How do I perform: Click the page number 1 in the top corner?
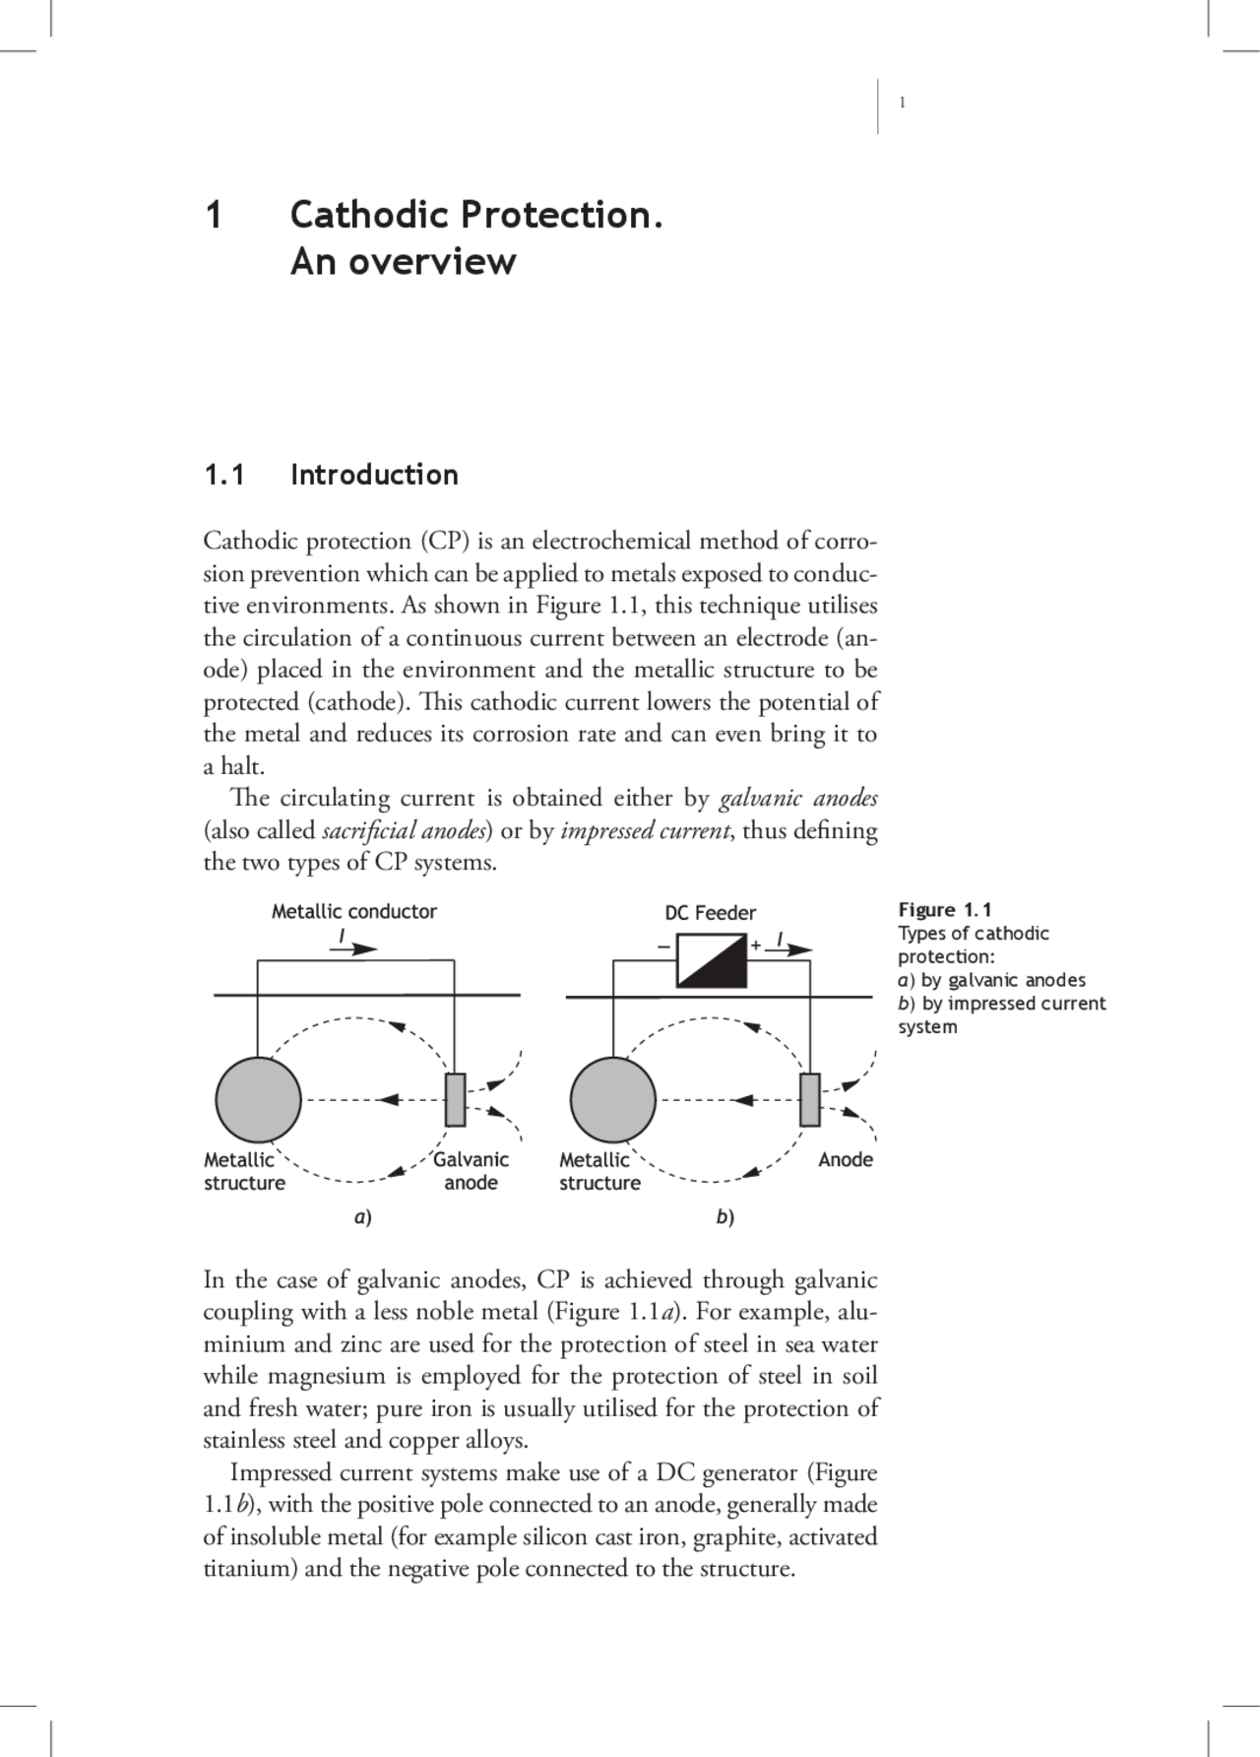click(903, 103)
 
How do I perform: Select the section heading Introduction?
click(374, 475)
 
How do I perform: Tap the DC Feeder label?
click(710, 913)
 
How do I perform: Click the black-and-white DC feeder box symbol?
click(712, 961)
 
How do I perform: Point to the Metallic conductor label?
click(353, 911)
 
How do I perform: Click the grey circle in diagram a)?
click(258, 1099)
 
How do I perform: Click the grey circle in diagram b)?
click(612, 1099)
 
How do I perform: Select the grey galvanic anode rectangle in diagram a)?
click(455, 1099)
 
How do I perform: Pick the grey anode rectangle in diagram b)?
click(809, 1099)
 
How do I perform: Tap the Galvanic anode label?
click(471, 1171)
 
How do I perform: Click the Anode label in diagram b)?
click(845, 1159)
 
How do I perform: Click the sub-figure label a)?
click(362, 1217)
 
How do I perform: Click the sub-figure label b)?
click(725, 1217)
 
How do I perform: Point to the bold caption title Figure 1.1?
click(944, 910)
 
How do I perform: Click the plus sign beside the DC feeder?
click(756, 944)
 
